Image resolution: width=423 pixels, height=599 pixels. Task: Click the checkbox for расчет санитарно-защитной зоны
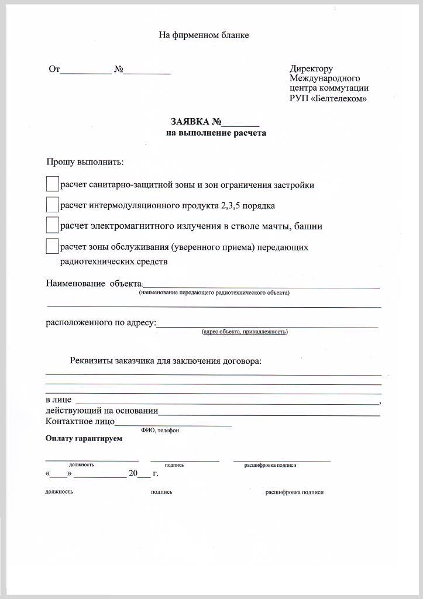53,184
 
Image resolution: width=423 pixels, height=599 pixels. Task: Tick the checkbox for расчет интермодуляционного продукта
53,205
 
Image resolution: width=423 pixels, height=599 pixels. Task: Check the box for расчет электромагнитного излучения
53,225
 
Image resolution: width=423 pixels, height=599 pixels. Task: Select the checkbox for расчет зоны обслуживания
53,246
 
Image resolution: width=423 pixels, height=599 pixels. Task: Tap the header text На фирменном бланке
204,35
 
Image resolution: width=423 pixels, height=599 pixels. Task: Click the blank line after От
85,73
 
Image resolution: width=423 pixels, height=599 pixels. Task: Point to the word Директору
311,69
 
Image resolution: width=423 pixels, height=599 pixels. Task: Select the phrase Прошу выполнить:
85,162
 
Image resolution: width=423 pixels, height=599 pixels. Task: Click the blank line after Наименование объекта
261,285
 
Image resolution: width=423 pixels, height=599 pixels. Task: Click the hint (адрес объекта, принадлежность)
245,332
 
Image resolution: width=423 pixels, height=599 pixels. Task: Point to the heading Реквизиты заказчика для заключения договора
166,361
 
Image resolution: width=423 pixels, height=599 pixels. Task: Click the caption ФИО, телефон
160,431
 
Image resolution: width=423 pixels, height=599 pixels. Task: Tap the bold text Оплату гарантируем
84,439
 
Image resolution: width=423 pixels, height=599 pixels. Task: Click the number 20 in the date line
133,474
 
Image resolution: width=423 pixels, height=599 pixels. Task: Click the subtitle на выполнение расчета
216,133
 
